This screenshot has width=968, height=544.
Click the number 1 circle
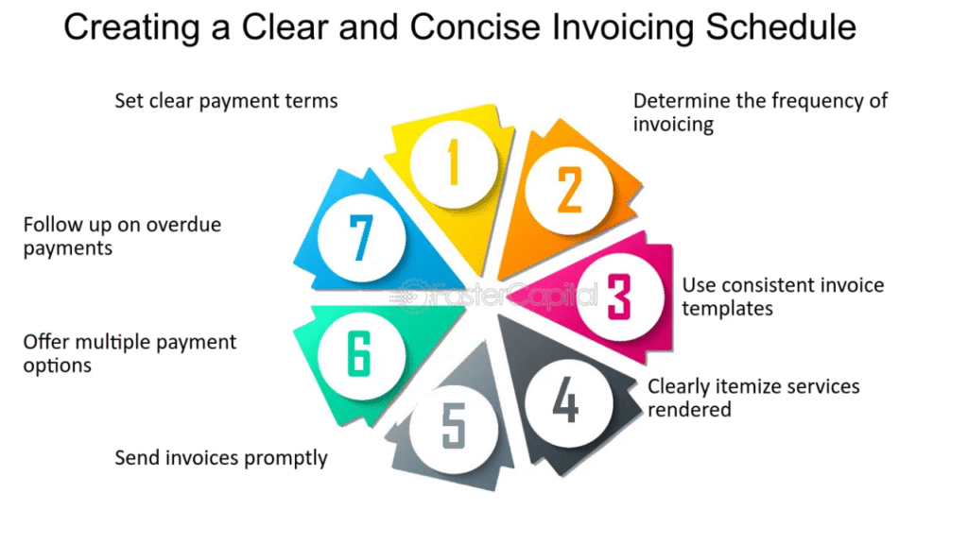pos(453,162)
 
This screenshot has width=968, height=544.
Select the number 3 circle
pos(616,297)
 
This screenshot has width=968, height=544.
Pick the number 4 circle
pos(564,401)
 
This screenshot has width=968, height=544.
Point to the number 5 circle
pos(454,427)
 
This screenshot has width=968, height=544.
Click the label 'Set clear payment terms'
pos(226,100)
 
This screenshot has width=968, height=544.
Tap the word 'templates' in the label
pos(727,308)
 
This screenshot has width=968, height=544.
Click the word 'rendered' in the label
pos(689,409)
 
